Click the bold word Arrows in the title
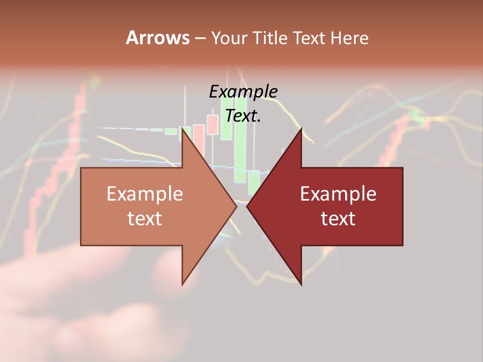click(x=157, y=38)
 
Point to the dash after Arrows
click(x=200, y=39)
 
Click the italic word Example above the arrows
click(x=243, y=92)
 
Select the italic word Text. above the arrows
click(x=243, y=116)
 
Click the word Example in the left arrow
click(x=145, y=194)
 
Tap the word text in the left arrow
click(x=145, y=218)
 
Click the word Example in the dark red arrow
click(x=338, y=194)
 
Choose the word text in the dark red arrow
click(x=338, y=218)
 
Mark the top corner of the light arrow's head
click(x=183, y=129)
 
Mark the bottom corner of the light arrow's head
click(x=183, y=284)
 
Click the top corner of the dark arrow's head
click(x=301, y=129)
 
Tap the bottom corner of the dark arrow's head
click(x=301, y=284)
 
